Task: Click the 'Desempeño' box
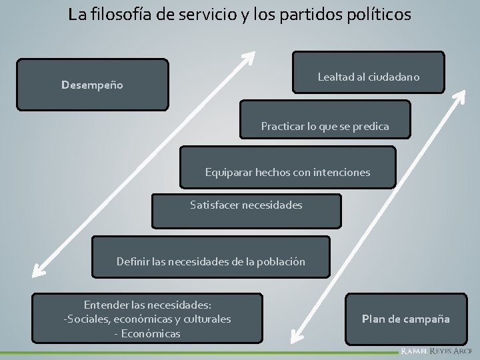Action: pos(92,85)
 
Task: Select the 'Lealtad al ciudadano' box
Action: pos(368,77)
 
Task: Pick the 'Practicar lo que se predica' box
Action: pos(325,125)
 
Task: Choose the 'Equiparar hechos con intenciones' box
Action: pos(287,171)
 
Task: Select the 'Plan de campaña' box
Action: pos(405,319)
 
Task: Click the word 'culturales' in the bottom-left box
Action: pos(201,319)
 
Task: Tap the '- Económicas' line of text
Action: pos(147,333)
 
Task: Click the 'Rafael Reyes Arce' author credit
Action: pos(436,351)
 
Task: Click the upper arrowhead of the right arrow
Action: pos(459,95)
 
